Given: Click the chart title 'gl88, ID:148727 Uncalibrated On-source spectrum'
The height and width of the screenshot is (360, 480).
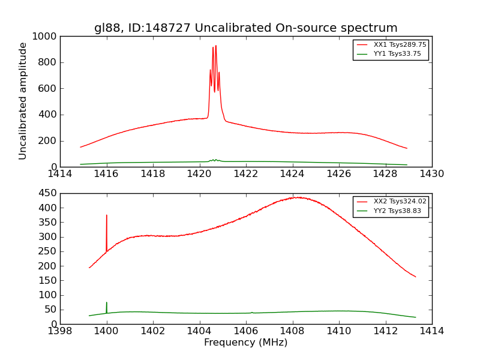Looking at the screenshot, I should [245, 28].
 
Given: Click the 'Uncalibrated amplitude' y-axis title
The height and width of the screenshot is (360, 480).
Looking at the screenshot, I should [23, 101].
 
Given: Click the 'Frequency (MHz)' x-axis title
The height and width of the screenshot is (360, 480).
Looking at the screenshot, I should [245, 343].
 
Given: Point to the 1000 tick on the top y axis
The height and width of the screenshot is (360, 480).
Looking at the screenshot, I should [45, 37].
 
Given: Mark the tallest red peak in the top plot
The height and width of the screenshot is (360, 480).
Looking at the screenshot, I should [216, 46].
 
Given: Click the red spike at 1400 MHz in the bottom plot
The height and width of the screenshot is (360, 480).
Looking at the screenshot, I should [107, 215].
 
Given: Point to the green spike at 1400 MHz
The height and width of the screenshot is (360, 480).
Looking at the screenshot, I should [107, 303].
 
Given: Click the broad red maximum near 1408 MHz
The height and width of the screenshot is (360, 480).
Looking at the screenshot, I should [296, 197].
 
